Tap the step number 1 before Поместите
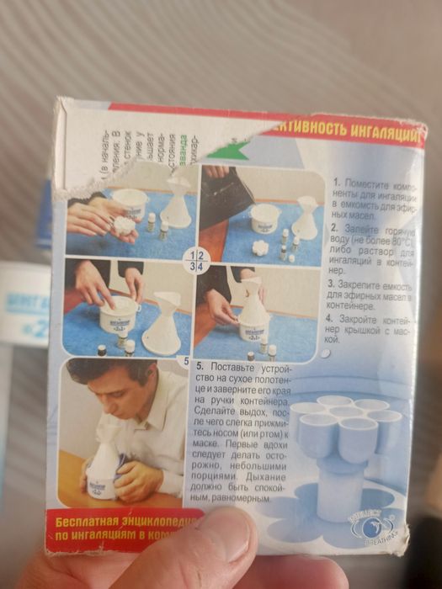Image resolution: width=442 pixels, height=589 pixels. [x=336, y=182]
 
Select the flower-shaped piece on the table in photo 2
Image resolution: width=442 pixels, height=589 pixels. [x=260, y=247]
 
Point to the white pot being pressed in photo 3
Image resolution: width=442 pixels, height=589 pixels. [x=118, y=312]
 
